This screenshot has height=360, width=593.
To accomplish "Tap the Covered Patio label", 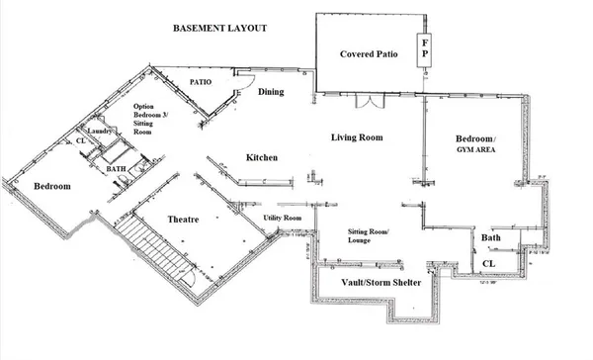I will pos(369,53).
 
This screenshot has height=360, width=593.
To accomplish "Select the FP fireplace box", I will pos(425,49).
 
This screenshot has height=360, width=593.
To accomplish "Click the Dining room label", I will pos(272,92).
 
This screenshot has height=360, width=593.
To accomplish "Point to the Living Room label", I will pos(356,137).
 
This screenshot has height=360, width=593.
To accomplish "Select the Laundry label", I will pos(97,131).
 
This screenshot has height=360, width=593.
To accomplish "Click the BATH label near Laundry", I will pos(116,169).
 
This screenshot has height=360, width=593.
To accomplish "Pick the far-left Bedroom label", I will pos(50,186).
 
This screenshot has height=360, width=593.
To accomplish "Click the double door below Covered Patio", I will pos(367,103).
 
